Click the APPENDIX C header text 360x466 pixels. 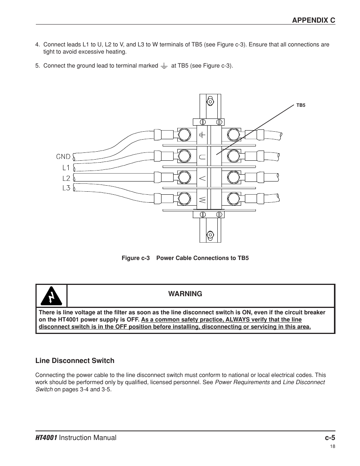[x=313, y=20]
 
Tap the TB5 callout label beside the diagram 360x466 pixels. [x=300, y=105]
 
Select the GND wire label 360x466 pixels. [x=63, y=157]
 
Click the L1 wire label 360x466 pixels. [x=66, y=167]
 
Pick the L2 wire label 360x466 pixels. [x=66, y=178]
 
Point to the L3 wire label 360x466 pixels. [x=66, y=188]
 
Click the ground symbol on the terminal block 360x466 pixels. [x=203, y=134]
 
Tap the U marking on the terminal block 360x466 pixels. [x=203, y=157]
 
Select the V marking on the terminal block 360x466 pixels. [x=203, y=178]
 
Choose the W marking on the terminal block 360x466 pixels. [x=203, y=199]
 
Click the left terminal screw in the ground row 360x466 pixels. [x=184, y=134]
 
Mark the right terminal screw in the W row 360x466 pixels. [x=234, y=198]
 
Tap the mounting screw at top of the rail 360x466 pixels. [x=210, y=102]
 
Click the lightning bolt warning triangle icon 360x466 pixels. [x=51, y=296]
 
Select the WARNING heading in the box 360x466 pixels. [x=185, y=294]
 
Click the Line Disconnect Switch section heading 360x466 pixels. [x=75, y=361]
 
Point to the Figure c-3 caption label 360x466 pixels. [x=135, y=258]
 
